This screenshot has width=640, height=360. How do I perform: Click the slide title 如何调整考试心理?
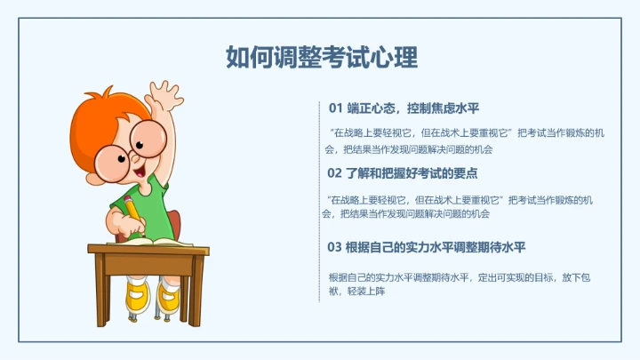point(321,58)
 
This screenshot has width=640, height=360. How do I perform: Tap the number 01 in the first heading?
point(335,108)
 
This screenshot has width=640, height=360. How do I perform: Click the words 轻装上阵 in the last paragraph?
point(366,292)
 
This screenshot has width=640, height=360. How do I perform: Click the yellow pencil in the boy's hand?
point(131,208)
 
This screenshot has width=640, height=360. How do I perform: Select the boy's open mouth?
point(140,165)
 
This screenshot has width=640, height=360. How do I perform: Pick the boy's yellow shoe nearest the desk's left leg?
point(136,298)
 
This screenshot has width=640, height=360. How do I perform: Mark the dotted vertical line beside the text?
point(319,200)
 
